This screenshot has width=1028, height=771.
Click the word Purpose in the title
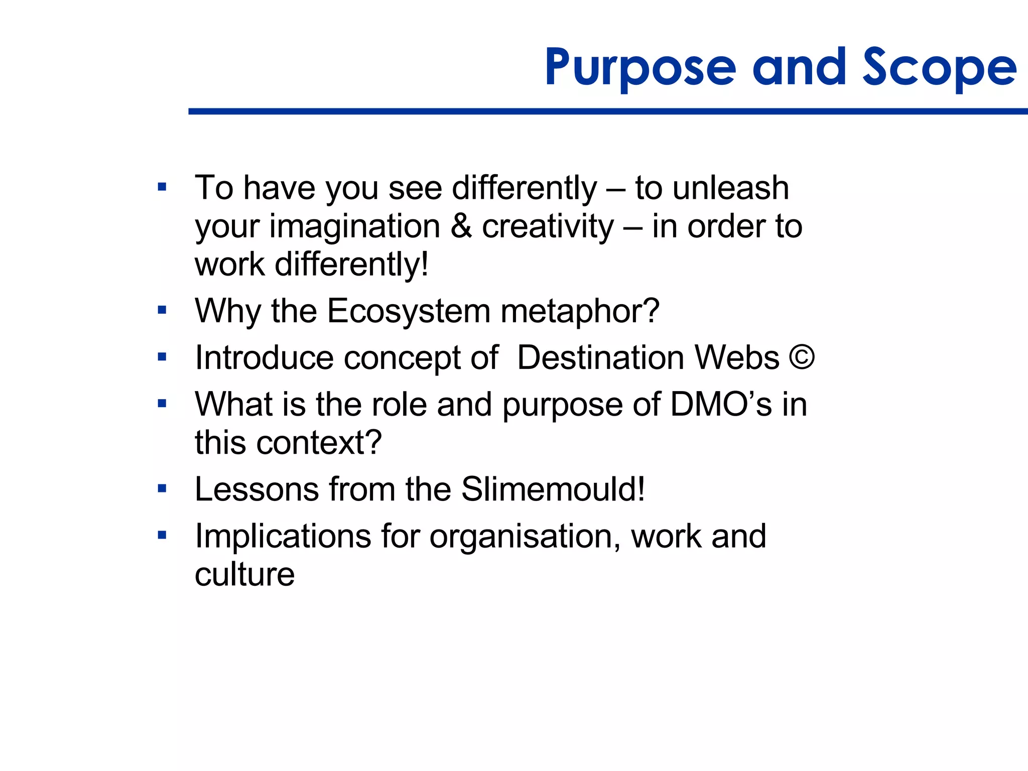pos(640,68)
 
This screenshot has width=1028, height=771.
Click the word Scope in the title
pos(939,68)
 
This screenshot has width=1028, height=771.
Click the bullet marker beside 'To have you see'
pos(162,188)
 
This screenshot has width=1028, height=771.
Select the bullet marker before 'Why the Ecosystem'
pos(162,310)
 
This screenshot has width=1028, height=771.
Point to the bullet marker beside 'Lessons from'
pos(162,488)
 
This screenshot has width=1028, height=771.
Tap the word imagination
pos(355,227)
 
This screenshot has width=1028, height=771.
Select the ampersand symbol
pos(461,227)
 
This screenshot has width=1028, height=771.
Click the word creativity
pos(548,227)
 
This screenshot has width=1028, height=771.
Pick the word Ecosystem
pos(409,311)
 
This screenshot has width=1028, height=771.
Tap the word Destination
pos(600,358)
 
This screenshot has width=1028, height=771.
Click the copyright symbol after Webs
pos(802,357)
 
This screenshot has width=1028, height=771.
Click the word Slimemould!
pos(553,489)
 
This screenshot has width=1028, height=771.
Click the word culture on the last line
pos(244,575)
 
